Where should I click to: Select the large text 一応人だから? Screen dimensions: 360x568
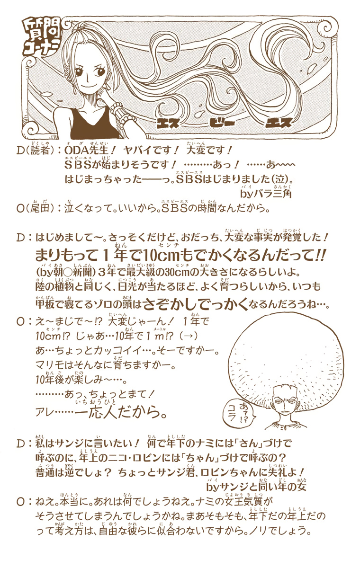(x=121, y=413)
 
